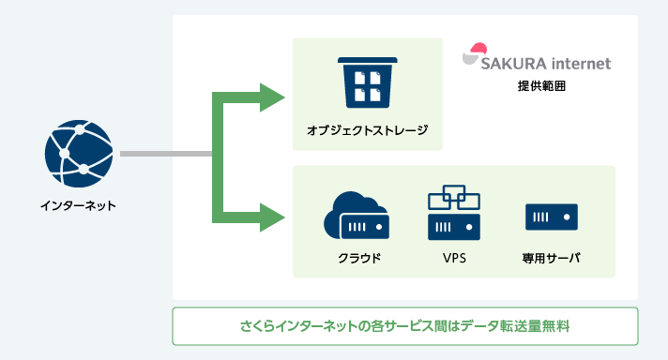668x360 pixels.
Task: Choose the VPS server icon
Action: [x=453, y=212]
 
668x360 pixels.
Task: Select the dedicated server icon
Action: [x=551, y=217]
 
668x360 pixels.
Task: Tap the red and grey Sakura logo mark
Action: [x=477, y=53]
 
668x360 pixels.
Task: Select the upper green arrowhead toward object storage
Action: [x=273, y=97]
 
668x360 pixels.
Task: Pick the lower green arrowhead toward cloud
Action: [x=273, y=217]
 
